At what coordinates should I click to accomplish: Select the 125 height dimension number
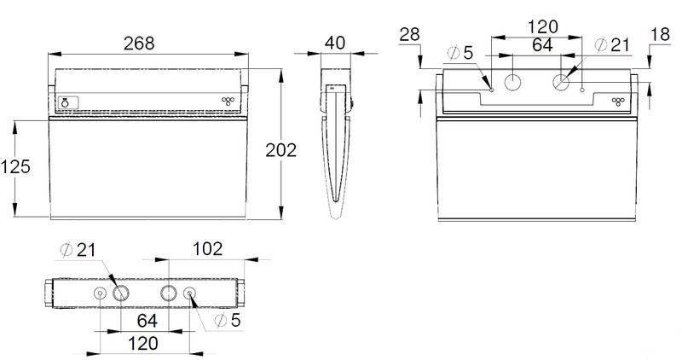coord(15,167)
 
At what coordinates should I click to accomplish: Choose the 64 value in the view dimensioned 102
coord(147,321)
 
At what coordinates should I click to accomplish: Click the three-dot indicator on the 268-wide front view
coord(227,101)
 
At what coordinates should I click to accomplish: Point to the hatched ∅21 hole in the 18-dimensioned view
coord(560,83)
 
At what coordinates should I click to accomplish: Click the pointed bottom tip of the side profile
coord(336,215)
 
